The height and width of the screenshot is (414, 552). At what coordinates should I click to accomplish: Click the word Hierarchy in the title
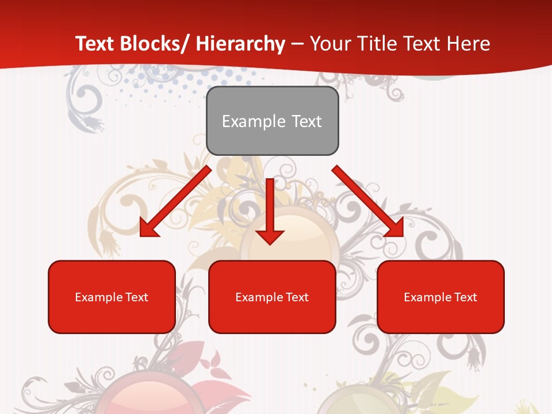pos(240,44)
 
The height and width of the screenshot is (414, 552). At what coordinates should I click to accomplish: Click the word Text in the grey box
pos(306,121)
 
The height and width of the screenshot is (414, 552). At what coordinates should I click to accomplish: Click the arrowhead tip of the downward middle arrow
pos(270,244)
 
